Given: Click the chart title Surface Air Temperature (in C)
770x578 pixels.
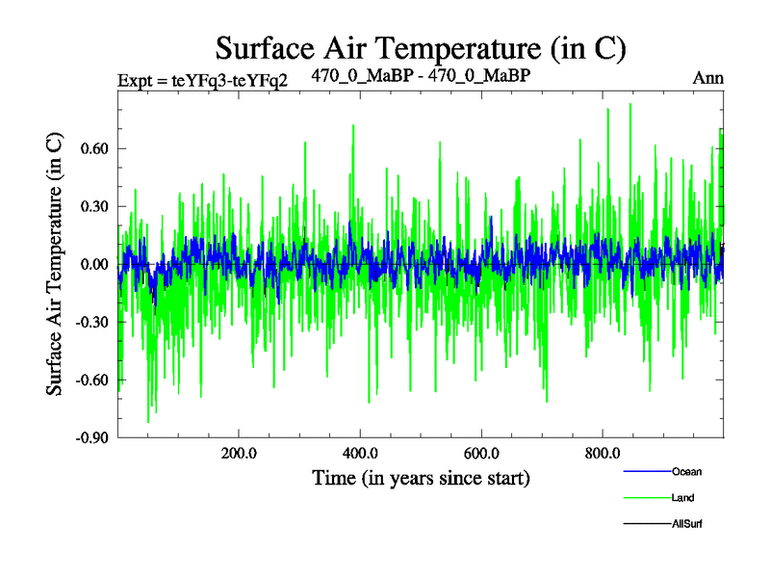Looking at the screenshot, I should (422, 46).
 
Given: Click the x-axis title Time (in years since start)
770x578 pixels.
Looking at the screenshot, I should (421, 478).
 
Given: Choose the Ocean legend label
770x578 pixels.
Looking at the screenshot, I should (686, 472).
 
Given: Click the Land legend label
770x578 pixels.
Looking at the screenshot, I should (682, 498).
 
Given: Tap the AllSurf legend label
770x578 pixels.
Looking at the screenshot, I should (686, 525).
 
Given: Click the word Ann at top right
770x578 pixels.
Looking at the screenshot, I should (708, 78).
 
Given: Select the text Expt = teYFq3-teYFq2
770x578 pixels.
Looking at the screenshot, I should (202, 79).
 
